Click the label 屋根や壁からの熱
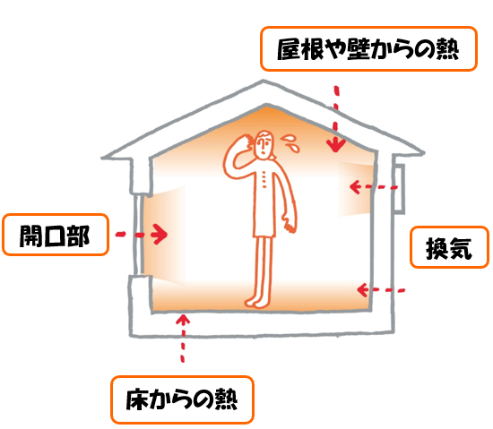pos(368,49)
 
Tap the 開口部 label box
pos(56,235)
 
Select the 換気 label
pos(449,247)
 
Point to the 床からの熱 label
pos(182,399)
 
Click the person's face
pos(264,144)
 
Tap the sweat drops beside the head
pos(290,142)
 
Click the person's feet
pos(257,302)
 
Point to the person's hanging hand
pos(290,222)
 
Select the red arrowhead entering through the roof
pos(336,145)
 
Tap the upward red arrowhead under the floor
pos(183,320)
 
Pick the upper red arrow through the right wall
pos(374,187)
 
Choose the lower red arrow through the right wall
pos(381,289)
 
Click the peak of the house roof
pos(264,82)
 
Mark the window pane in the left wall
pos(138,235)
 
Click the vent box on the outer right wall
pos(399,188)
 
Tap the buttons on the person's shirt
pos(264,179)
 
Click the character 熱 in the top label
pos(447,49)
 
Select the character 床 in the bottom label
pos(137,399)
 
